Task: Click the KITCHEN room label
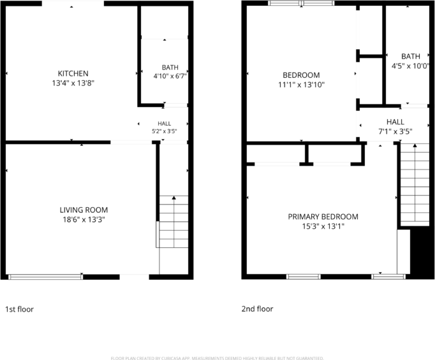pos(73,73)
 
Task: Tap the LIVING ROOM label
pos(84,210)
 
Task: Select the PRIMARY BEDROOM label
pos(323,217)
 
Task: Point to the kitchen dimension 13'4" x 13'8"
pos(73,83)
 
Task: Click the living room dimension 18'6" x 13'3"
pos(84,220)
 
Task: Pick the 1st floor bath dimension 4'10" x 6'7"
pos(170,76)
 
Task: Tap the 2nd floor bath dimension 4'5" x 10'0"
pos(410,66)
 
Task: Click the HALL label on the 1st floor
pos(164,124)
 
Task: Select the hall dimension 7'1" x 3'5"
pos(395,131)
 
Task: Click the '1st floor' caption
pos(19,309)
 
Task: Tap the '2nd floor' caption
pos(257,309)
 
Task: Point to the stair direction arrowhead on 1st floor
pos(174,198)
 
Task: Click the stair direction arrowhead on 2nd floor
pos(415,145)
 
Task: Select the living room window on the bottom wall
pos(45,277)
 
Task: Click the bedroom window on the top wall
pos(301,3)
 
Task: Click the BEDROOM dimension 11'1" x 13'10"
pos(301,85)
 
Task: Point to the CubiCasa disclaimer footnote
pos(217,358)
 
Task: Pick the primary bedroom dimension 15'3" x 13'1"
pos(323,226)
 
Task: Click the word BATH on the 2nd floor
pos(411,57)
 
